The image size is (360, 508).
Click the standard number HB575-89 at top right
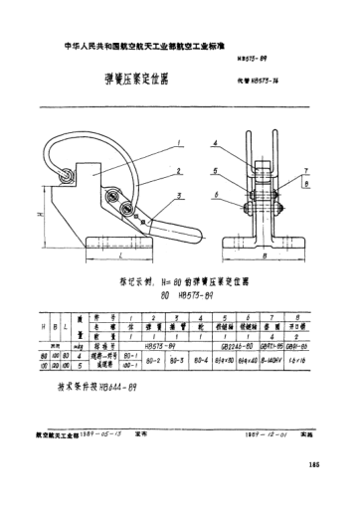pos(256,60)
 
